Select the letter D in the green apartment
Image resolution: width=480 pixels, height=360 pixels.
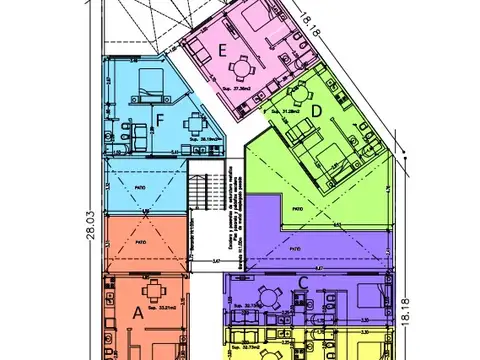(316, 109)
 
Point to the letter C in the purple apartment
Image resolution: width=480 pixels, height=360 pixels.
(303, 283)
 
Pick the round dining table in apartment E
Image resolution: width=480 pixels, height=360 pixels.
(240, 69)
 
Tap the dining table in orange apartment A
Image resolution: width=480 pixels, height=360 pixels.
(156, 293)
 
